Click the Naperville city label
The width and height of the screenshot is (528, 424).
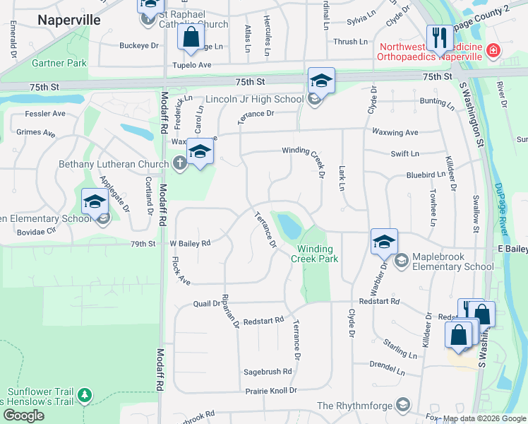coord(69,20)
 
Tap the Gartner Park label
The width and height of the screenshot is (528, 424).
coord(59,64)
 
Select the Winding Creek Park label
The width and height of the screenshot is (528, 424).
coord(318,254)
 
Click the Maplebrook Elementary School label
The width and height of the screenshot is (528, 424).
coord(453,261)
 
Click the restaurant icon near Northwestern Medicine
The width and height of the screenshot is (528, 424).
coord(439,38)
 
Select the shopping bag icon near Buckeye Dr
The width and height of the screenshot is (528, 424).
coord(191,37)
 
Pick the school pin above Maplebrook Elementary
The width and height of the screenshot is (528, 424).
coord(383,242)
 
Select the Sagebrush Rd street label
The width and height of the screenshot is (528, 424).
coord(268,371)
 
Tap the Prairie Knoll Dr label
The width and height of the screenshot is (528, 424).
coord(271,389)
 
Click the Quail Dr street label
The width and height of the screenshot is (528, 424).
coord(207,304)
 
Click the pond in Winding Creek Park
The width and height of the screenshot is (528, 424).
coord(289,226)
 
